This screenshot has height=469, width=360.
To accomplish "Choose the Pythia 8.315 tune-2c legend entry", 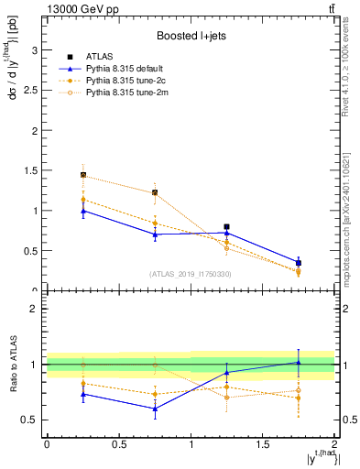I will coord(123,81).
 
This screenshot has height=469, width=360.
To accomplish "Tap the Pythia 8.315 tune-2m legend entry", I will coord(124,93).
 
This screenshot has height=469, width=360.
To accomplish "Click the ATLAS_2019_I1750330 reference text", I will coord(190,274).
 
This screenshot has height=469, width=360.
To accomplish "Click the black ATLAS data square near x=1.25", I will coord(226,226).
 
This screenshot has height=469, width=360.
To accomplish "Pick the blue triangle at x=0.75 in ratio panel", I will coord(155,409).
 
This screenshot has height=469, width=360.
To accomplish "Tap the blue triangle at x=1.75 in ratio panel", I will coord(299,362).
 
